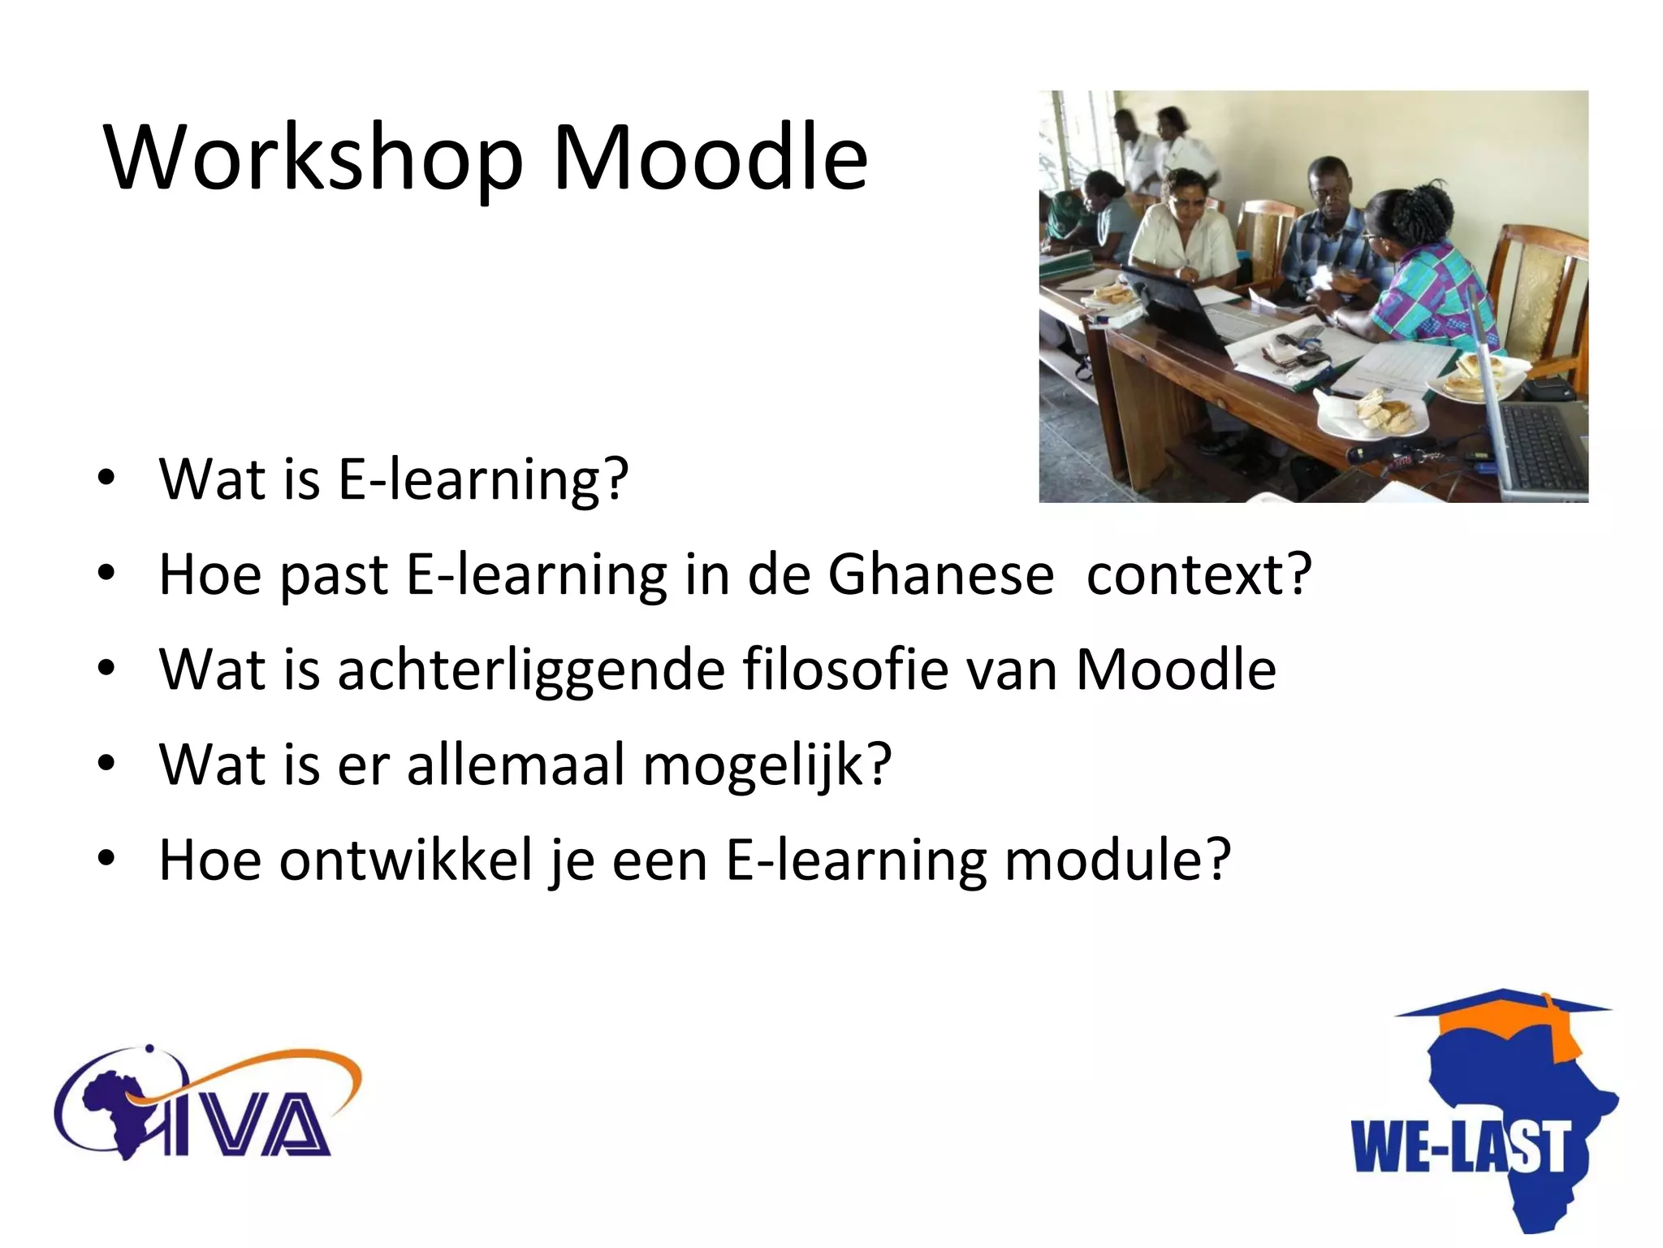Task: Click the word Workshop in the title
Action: [313, 158]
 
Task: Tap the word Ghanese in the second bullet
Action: [940, 574]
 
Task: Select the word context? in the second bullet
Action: [1199, 574]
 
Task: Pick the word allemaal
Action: [516, 765]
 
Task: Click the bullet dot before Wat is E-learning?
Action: [106, 479]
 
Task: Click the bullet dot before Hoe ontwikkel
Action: [106, 860]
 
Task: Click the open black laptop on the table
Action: [1177, 305]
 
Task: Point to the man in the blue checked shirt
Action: [1332, 236]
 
